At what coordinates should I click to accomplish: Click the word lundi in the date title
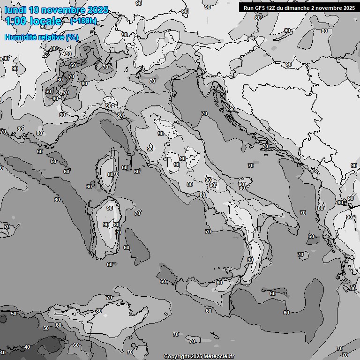tap(15, 10)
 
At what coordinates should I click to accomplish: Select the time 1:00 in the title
tap(15, 21)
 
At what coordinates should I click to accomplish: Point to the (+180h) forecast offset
tap(83, 21)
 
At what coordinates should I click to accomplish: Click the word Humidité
tap(22, 37)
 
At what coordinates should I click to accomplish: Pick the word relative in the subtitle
tap(52, 37)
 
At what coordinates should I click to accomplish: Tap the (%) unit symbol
tap(72, 37)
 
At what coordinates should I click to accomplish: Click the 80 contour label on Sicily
tap(219, 283)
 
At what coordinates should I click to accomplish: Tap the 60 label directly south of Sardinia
tap(109, 264)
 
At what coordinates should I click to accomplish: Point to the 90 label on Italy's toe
tap(250, 259)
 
